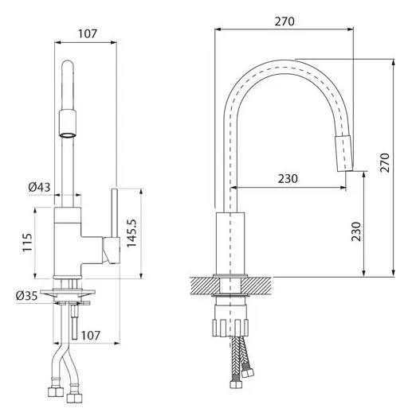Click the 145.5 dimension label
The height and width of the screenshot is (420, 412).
click(x=131, y=233)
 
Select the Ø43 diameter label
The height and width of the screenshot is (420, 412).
click(x=40, y=187)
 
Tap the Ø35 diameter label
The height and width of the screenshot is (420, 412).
click(x=26, y=296)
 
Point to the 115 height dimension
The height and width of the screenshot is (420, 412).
click(x=27, y=243)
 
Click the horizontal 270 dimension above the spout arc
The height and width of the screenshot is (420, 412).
click(x=284, y=21)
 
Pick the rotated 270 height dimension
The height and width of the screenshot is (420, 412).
click(x=385, y=163)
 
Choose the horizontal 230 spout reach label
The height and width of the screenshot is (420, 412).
click(x=288, y=179)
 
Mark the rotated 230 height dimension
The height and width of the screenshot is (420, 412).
click(x=356, y=231)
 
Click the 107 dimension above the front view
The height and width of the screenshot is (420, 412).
click(x=88, y=33)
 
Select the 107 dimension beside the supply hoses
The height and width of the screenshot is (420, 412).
click(x=91, y=336)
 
